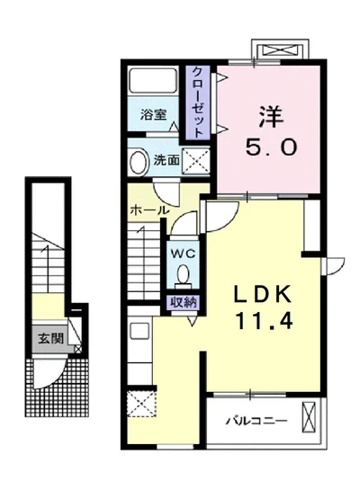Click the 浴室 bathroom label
pos(153,115)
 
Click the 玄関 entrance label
pos(50,340)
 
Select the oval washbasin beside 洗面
pos(139,163)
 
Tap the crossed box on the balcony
pos(310,418)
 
